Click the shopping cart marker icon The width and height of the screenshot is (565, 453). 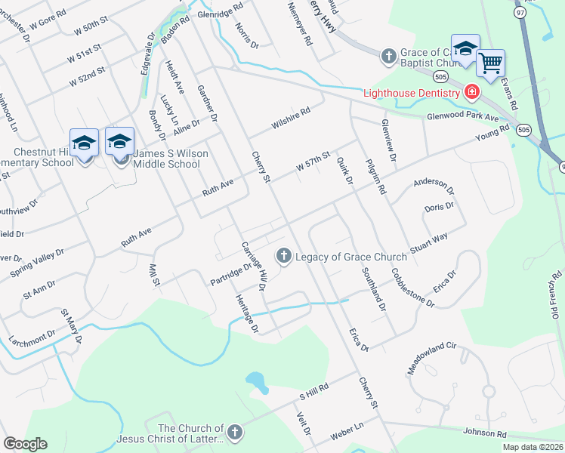click(x=491, y=63)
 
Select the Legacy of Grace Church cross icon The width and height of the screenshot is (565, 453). click(x=284, y=256)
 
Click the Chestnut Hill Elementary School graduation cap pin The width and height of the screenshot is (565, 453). click(x=84, y=142)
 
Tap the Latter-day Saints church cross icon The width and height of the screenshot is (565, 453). click(x=234, y=433)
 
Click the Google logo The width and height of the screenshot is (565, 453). click(x=25, y=444)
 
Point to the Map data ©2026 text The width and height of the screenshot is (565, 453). click(x=533, y=447)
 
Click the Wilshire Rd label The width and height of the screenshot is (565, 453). click(x=291, y=119)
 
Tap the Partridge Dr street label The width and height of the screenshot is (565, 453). click(x=230, y=273)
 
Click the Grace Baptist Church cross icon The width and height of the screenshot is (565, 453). click(x=388, y=56)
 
